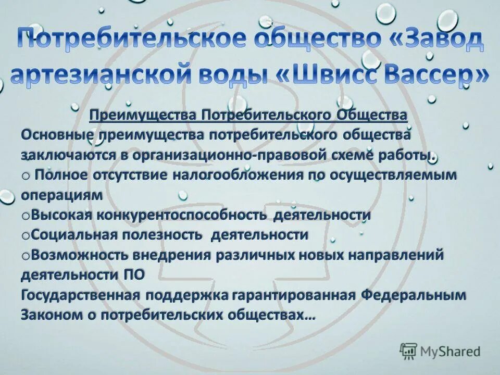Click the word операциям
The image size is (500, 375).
coord(59,195)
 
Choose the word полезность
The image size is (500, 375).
coord(162,234)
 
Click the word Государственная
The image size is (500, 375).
coord(81,295)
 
